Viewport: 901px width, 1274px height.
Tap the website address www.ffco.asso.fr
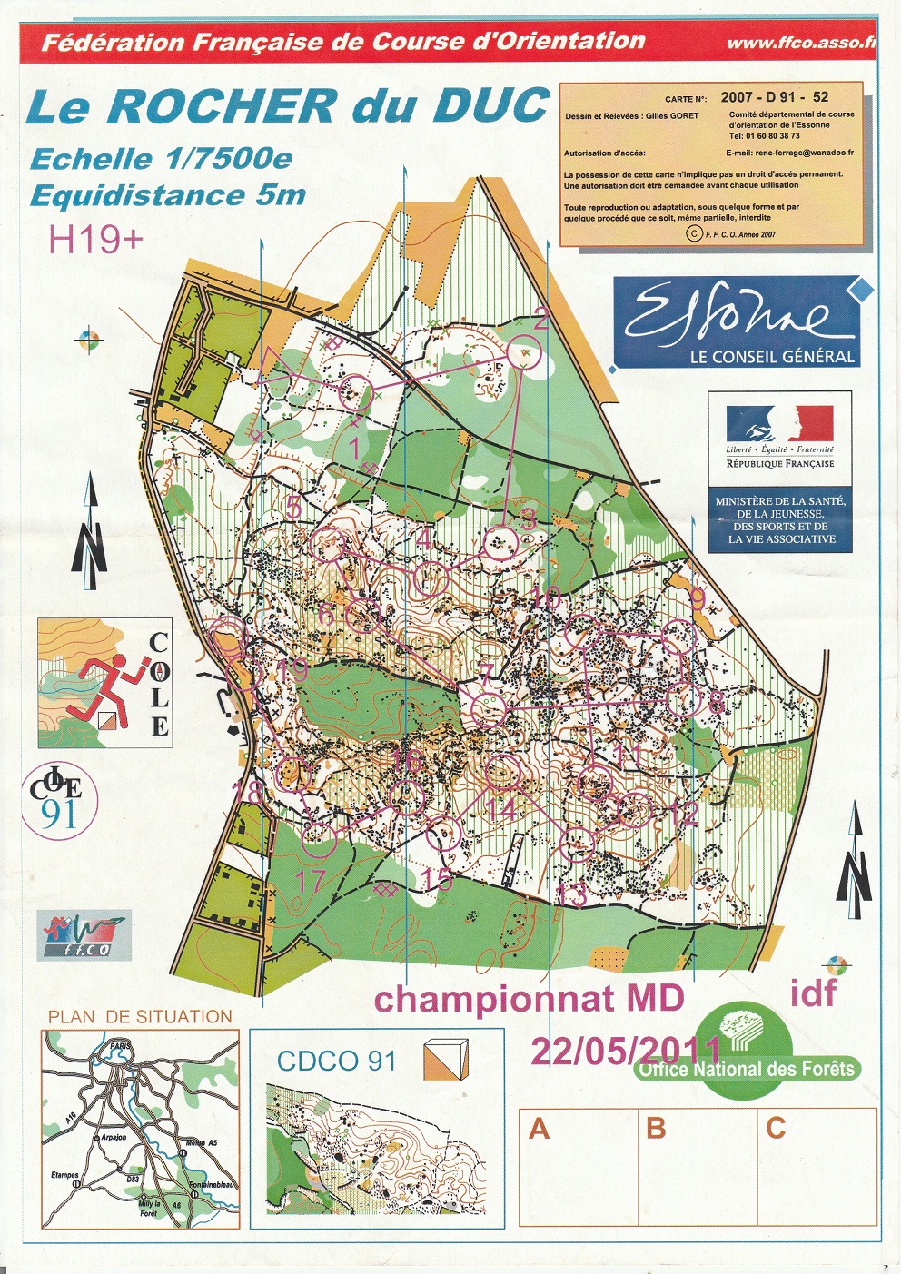coord(800,43)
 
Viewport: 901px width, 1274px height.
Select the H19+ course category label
coord(95,240)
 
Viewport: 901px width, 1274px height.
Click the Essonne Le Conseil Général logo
coord(737,322)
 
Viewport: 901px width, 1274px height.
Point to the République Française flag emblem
coord(779,424)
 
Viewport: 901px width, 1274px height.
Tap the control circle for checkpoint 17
coord(318,840)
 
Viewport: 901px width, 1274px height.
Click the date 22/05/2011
coord(625,1051)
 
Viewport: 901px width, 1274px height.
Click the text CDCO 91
coord(337,1061)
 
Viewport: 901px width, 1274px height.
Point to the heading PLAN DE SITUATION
coord(140,1017)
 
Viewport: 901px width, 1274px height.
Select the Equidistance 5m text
coord(167,195)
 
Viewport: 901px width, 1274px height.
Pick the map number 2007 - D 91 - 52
coord(774,96)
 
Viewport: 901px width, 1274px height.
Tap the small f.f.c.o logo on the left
coord(85,935)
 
